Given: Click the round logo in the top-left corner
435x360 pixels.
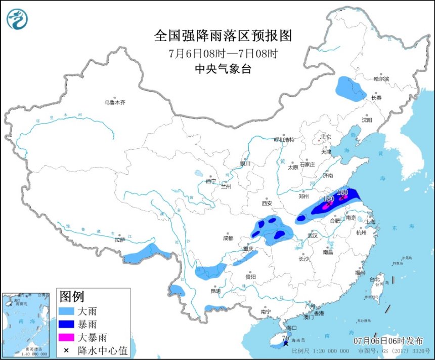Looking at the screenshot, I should [17, 19].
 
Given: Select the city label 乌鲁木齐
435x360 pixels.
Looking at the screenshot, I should [114, 102].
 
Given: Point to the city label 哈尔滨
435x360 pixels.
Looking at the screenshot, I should [381, 79].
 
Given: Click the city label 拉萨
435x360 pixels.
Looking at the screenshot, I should [119, 240].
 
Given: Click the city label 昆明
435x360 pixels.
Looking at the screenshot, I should [215, 291].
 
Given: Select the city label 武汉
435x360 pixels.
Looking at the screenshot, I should [312, 235].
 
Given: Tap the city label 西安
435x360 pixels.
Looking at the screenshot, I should [267, 203].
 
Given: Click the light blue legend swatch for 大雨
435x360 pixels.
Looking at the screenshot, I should [72, 310].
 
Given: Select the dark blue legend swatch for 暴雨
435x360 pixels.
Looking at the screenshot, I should [72, 324].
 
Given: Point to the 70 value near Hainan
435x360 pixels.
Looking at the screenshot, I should [285, 338].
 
